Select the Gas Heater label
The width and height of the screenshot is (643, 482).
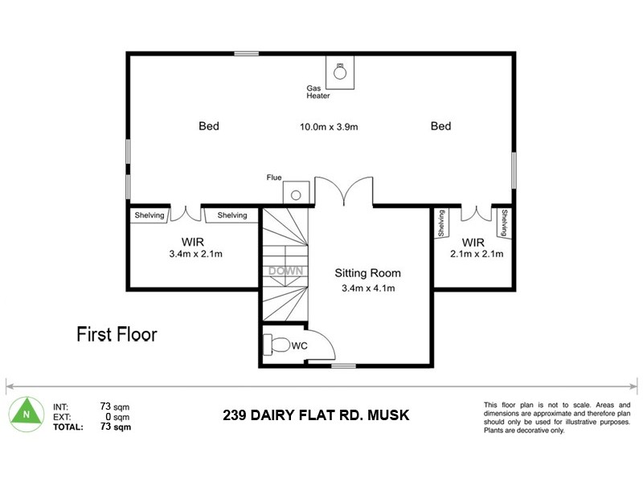(318, 92)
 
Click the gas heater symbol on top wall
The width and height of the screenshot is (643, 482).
(340, 71)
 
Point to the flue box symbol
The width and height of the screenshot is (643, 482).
(295, 194)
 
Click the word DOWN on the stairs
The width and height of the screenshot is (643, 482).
(285, 271)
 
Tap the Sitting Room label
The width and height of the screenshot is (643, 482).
(367, 273)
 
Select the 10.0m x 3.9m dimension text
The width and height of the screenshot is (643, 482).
(328, 126)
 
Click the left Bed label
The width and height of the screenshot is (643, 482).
(209, 126)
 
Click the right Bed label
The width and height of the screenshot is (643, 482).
(440, 126)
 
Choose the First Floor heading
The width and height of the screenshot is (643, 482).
(117, 333)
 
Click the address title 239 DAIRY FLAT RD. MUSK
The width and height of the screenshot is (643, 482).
(316, 415)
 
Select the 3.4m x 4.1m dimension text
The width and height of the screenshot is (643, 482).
(367, 288)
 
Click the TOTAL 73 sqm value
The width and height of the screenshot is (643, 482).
(116, 427)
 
